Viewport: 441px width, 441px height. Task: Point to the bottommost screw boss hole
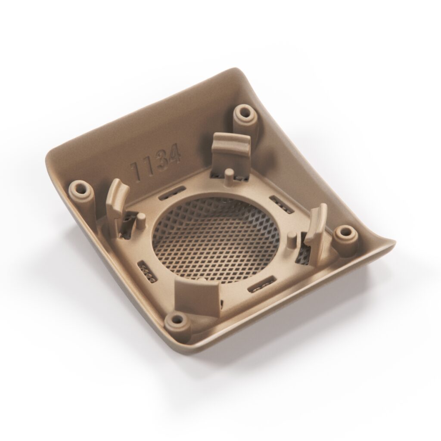click(x=177, y=320)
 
